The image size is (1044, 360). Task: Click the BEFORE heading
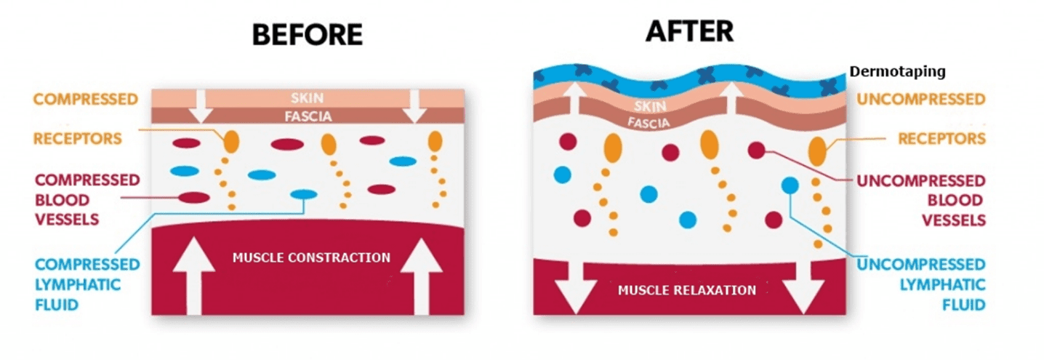308,34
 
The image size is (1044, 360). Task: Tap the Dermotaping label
897,72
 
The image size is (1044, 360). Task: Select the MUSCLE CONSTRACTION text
311,257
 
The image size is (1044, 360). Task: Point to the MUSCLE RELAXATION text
687,290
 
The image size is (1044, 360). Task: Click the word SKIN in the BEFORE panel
307,98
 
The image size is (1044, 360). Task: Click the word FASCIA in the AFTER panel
649,122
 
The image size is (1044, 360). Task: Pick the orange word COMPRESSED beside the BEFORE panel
86,100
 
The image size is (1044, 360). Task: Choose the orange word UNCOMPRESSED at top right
921,100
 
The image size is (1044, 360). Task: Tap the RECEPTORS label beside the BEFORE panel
78,138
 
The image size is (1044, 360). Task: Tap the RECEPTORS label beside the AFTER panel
941,138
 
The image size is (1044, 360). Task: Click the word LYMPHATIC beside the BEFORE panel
78,284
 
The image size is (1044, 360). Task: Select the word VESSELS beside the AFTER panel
954,220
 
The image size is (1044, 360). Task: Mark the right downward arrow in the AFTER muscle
803,287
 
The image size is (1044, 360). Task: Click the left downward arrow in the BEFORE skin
201,106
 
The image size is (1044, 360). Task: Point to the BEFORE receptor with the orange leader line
232,141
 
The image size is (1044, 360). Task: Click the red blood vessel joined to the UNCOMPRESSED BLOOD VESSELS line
756,150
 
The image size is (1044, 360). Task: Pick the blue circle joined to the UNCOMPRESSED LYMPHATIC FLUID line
790,185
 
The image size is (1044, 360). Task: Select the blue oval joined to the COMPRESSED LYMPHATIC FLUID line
304,194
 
